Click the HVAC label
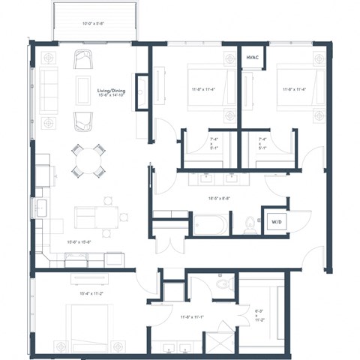point(251,58)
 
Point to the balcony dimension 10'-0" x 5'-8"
point(94,22)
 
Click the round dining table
point(88,159)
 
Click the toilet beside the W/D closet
point(250,223)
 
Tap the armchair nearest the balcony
point(83,57)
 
